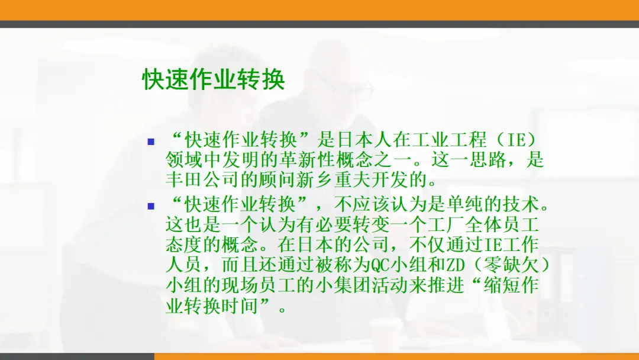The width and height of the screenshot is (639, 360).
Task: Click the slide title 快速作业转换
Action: click(214, 79)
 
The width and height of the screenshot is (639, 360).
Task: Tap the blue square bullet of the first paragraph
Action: click(151, 142)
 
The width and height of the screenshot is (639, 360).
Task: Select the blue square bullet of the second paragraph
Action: click(151, 206)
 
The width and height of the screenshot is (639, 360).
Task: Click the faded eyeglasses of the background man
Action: click(354, 87)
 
